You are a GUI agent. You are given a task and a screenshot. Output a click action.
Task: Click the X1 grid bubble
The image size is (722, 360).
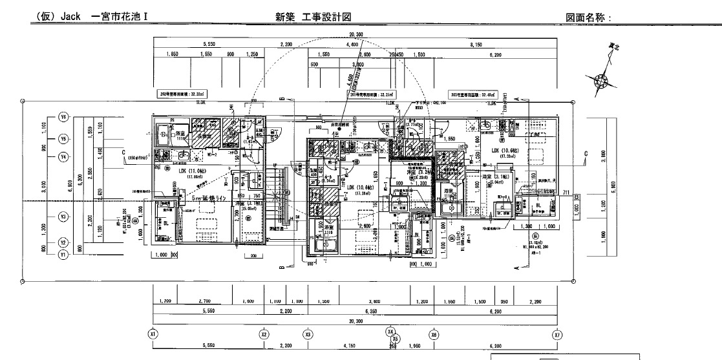153,334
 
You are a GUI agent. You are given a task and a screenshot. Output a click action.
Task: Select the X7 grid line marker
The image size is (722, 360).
557,334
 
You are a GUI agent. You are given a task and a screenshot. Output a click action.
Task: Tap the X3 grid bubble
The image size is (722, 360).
308,334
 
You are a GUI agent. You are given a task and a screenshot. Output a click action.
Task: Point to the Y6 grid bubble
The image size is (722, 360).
63,118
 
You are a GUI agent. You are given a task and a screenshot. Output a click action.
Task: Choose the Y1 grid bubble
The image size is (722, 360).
63,255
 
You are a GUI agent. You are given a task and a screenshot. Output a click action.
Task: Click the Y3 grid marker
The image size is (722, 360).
63,217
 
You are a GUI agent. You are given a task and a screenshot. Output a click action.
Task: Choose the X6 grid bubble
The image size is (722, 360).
434,334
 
